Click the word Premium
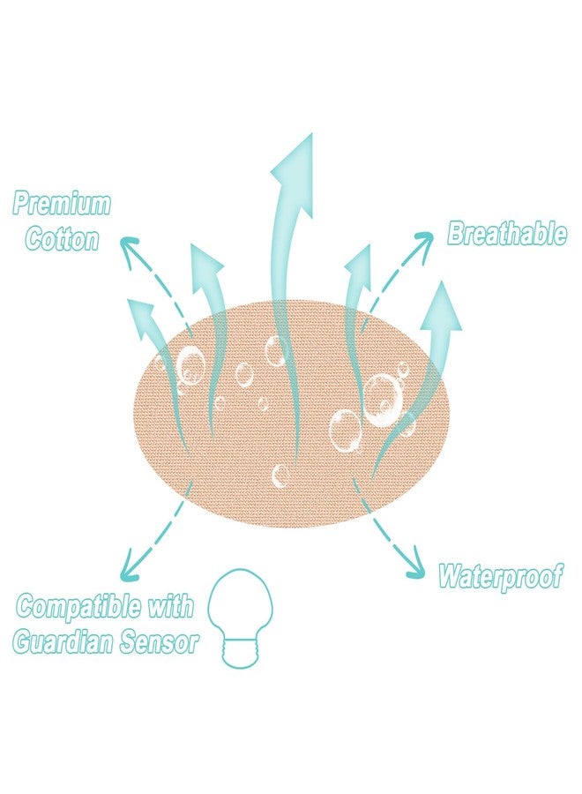point(61,204)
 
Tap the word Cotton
point(63,238)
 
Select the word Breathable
point(506,233)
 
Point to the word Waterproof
point(501,576)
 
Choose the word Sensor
point(159,642)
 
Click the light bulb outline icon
point(241,569)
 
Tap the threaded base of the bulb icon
point(241,653)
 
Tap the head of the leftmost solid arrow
point(143,315)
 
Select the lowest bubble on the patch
point(280,476)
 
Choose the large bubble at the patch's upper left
point(190,363)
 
